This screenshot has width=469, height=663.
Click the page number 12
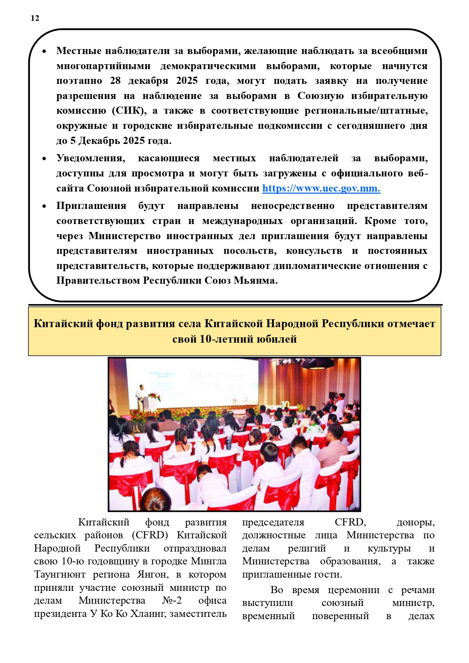click(35, 18)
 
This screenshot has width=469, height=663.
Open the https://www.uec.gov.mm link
click(321, 188)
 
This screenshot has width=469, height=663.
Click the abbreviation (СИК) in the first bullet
click(129, 111)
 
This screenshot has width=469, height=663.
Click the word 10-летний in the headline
click(226, 339)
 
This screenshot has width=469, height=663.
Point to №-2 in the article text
click(172, 601)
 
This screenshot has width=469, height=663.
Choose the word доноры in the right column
click(415, 522)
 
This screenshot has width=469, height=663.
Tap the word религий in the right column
click(306, 549)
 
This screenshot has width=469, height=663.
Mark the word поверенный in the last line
click(340, 616)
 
